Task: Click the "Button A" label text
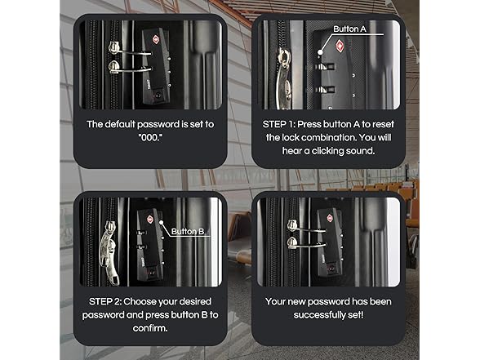coord(349,29)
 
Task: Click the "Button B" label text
coord(188,232)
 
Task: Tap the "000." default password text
coord(150,137)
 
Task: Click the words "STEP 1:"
coord(278,124)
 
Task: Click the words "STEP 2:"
coord(105,301)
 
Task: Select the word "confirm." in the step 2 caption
coord(150,328)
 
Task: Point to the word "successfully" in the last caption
coord(319,315)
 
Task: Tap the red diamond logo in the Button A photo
coord(340,46)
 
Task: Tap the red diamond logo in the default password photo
coord(155,39)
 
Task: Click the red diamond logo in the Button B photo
coord(150,219)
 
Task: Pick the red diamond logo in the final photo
coord(330,218)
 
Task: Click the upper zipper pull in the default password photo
coord(114,48)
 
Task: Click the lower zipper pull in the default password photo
coord(114,67)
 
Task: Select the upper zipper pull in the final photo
coord(292,225)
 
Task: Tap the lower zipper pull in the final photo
coord(292,242)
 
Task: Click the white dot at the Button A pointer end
coord(320,52)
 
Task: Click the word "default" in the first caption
coord(119,124)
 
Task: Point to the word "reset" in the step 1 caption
coord(384,124)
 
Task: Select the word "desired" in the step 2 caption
coord(195,301)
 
